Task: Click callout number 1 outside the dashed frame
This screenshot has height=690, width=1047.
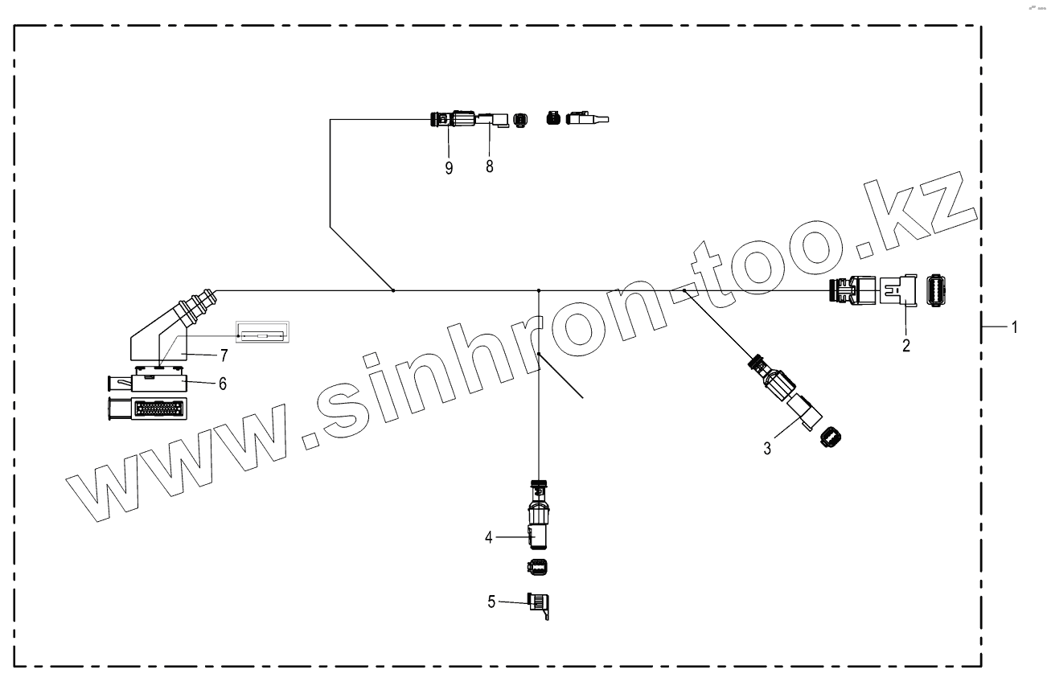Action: click(x=1015, y=327)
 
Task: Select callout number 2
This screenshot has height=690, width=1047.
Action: click(x=906, y=346)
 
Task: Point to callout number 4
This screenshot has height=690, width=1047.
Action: click(x=488, y=536)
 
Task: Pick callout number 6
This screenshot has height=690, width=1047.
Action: click(x=222, y=384)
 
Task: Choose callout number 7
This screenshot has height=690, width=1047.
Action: click(x=225, y=355)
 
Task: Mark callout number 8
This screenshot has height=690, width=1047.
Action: click(x=490, y=166)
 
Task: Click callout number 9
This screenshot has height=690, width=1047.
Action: click(x=449, y=167)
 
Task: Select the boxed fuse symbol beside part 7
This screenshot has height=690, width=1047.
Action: click(x=262, y=334)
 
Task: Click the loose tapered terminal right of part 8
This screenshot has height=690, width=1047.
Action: click(x=588, y=120)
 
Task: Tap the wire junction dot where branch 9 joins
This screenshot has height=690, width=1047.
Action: click(x=392, y=290)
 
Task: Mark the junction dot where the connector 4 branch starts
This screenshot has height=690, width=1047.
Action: click(x=538, y=290)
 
